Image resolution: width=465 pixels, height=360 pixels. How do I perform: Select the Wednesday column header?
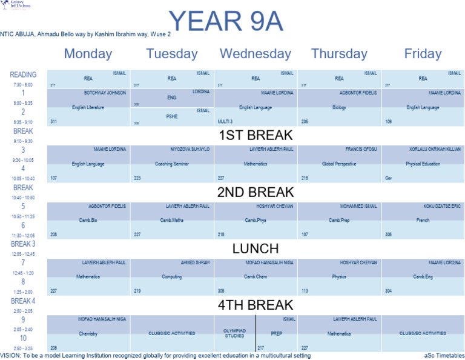coord(255,53)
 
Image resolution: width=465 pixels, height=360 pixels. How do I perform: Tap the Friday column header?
coord(423,53)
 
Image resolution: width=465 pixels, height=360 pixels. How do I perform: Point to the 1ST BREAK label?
coord(255,135)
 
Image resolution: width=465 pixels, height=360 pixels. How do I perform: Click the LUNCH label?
coord(255,248)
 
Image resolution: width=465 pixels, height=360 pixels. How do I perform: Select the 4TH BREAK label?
coord(255,305)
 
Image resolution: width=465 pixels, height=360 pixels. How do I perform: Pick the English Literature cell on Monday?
coord(88,108)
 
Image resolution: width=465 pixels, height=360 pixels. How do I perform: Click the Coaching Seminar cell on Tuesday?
coord(172,164)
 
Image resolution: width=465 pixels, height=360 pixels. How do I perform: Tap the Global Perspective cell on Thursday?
coord(339,164)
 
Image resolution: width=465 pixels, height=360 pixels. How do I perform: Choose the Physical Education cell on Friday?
coord(423,164)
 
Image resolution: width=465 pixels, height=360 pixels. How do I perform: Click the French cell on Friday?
coord(423,220)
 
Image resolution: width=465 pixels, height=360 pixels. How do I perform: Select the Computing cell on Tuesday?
coord(172,277)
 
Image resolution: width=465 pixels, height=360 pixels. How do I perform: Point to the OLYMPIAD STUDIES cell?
coord(234,333)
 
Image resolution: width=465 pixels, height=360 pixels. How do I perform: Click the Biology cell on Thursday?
coord(339,108)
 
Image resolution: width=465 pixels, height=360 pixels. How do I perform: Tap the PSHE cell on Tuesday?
coord(172,116)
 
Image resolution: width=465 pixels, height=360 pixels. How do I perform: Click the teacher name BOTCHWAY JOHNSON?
coord(105,93)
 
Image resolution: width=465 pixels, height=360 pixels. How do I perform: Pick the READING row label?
coord(23,75)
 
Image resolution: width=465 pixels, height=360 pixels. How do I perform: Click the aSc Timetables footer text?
coord(444,356)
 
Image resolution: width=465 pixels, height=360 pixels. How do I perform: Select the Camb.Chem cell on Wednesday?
coord(255,277)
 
